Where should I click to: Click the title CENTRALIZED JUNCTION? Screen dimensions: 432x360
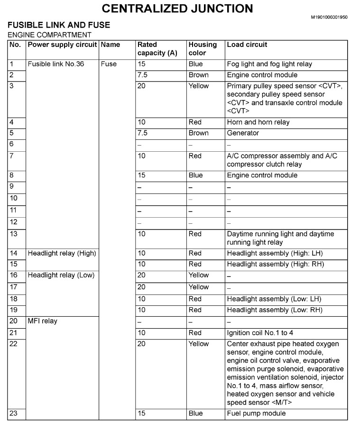(x=177, y=9)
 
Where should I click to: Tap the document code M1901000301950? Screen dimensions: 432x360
(x=329, y=17)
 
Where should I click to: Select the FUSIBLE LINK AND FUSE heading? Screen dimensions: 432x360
(x=59, y=25)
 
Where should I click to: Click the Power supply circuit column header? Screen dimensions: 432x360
(x=62, y=45)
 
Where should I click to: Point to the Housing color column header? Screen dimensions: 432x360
(x=203, y=49)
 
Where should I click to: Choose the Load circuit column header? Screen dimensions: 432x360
(x=247, y=45)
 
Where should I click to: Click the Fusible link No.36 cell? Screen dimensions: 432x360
(x=56, y=64)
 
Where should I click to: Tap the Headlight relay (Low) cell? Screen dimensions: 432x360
(x=61, y=275)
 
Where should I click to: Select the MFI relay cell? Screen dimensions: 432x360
(x=43, y=321)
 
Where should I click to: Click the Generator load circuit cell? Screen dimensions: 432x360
(x=243, y=133)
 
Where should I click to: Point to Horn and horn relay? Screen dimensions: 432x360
(x=258, y=122)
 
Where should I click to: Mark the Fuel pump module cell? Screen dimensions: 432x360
(x=256, y=414)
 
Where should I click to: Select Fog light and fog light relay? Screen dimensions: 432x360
(x=269, y=64)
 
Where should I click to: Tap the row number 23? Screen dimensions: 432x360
(x=14, y=414)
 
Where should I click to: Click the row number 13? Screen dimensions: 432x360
(x=14, y=234)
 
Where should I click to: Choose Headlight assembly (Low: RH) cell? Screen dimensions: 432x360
(x=275, y=310)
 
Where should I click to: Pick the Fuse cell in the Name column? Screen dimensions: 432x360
(x=109, y=64)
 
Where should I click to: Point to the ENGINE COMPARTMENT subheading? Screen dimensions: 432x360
(x=50, y=35)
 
